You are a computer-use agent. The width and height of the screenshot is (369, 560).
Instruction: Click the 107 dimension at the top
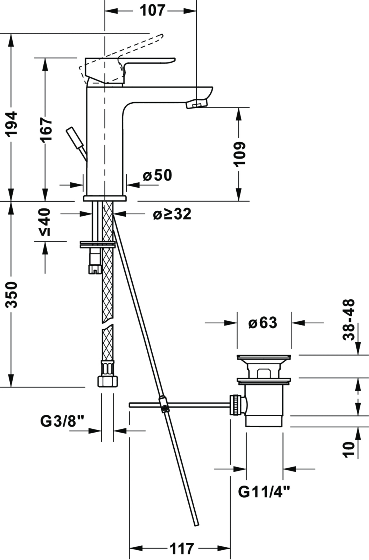pos(152,10)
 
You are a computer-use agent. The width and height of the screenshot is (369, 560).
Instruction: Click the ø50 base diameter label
pos(158,175)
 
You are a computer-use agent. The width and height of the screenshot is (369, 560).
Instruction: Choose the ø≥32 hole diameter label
pos(172,214)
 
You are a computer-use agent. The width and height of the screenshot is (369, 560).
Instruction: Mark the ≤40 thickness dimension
pos(46,222)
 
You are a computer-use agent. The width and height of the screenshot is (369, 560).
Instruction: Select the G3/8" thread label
pos(62,421)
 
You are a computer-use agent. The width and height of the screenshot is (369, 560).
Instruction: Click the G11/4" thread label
pos(264,492)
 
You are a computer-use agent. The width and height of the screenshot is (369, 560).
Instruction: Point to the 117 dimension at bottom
pos(182,548)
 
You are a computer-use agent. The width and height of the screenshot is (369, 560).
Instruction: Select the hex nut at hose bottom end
pos(107,380)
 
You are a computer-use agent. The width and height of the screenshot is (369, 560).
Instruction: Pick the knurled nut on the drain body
pos(236,405)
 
